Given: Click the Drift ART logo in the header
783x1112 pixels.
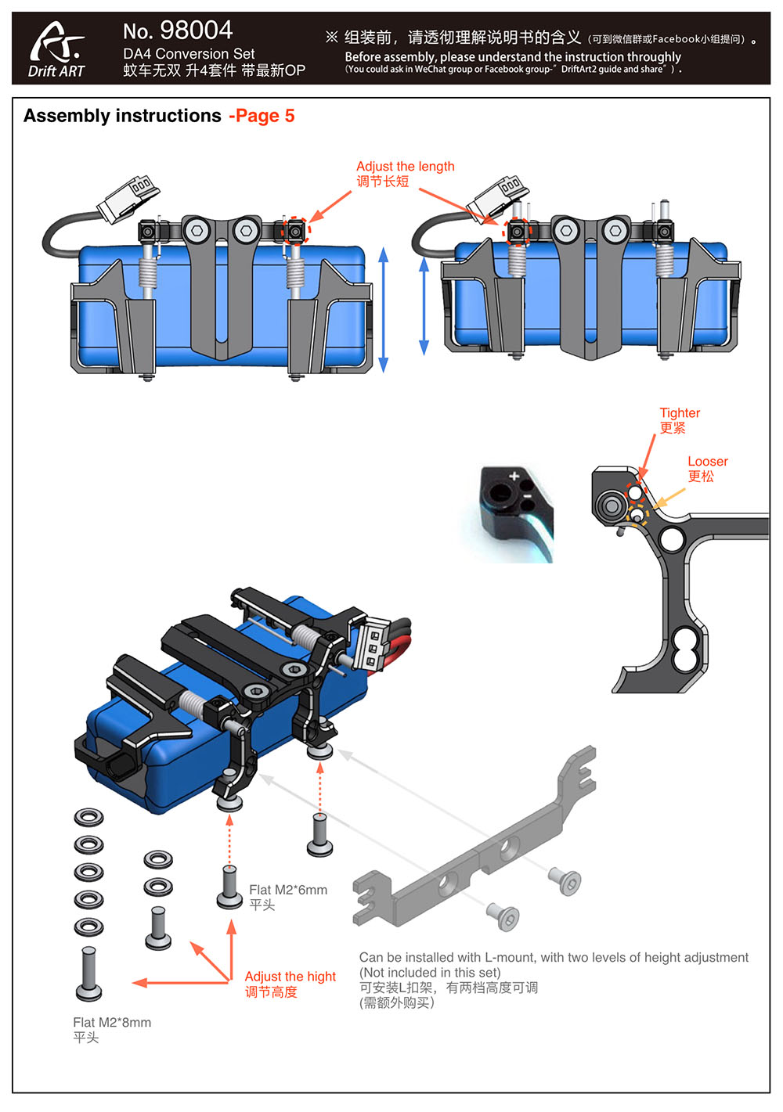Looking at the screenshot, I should tap(56, 49).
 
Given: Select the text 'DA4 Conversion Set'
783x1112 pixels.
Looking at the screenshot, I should tap(189, 54).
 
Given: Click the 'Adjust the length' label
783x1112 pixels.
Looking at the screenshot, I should tap(405, 167).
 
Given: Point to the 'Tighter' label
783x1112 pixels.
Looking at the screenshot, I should tap(680, 413).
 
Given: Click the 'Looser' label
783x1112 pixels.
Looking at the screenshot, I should tap(707, 462).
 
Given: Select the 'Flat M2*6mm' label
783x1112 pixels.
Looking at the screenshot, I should tap(288, 890).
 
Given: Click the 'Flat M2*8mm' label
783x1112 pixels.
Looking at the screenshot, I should tap(112, 1022).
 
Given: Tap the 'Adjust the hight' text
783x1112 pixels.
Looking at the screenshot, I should tap(290, 977).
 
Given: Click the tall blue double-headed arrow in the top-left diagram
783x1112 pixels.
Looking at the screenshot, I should tap(384, 309).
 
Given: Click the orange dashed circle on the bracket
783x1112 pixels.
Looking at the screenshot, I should tap(638, 513).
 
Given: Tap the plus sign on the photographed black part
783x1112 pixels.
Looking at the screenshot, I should tap(514, 477).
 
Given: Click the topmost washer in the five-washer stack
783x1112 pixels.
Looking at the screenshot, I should tap(88, 817).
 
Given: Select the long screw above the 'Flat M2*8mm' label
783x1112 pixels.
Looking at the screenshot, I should tap(88, 973).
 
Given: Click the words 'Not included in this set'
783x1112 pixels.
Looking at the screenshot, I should tap(431, 973).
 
